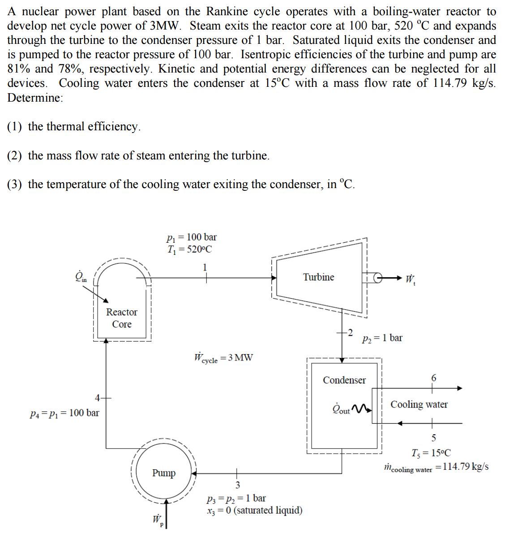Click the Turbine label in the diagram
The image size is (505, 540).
coord(318,277)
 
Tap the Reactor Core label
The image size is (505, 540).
coord(122,318)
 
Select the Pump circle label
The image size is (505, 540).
coord(164,473)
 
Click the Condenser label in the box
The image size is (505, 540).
coord(344,380)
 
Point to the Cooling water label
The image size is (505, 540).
coord(419,404)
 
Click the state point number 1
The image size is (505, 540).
coord(205,267)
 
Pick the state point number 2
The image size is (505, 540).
coord(351,332)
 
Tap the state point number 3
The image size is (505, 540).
coord(237,485)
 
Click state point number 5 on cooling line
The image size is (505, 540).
coord(433,437)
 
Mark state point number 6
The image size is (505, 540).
coord(433,378)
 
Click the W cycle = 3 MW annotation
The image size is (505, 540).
coord(223,358)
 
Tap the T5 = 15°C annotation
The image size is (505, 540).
coord(431,453)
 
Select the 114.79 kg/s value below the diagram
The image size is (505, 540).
coord(462,467)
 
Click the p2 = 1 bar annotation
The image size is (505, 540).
coord(382,338)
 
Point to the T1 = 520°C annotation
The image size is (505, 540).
coord(190,249)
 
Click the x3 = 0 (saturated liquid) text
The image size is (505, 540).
coord(254,510)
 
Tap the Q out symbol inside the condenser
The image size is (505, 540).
coord(341,409)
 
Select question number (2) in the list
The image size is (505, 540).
coord(14,155)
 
